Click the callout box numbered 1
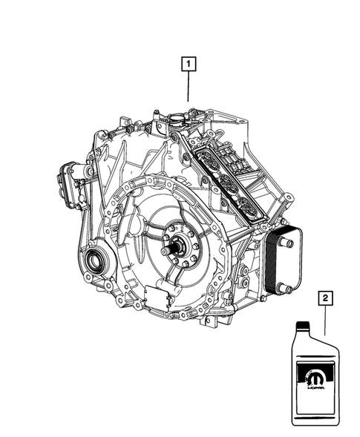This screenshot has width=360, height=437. pyautogui.click(x=189, y=65)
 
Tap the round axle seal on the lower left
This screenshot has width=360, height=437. pyautogui.click(x=94, y=261)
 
